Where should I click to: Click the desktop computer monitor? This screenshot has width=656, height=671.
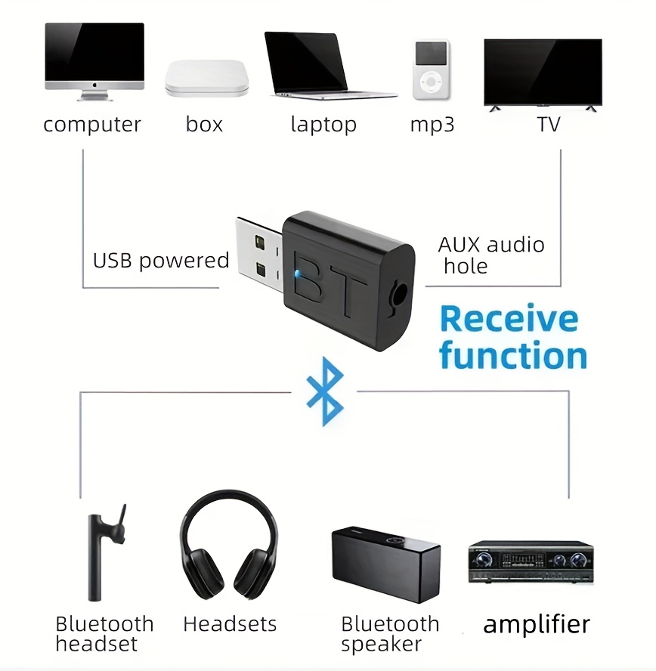[x=94, y=61]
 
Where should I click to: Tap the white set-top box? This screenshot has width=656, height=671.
[x=206, y=78]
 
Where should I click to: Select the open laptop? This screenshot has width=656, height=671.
[x=325, y=66]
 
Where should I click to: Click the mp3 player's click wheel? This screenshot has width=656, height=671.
[x=431, y=82]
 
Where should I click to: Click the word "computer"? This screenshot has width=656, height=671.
[x=92, y=125]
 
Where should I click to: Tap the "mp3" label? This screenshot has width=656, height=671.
[x=432, y=125]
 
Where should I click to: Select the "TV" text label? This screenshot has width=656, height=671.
[x=548, y=124]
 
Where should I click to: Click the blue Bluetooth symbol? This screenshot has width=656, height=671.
[x=325, y=391]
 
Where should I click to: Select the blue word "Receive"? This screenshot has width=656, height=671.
[x=509, y=319]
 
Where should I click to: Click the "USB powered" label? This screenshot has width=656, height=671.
[x=161, y=260]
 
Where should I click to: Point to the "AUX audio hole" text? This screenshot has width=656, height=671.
[x=490, y=255]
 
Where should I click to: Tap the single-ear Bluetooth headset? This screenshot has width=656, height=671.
[x=105, y=552]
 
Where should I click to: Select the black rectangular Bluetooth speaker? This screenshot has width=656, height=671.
[x=385, y=564]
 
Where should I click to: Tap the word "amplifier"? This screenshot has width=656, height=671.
[x=537, y=624]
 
